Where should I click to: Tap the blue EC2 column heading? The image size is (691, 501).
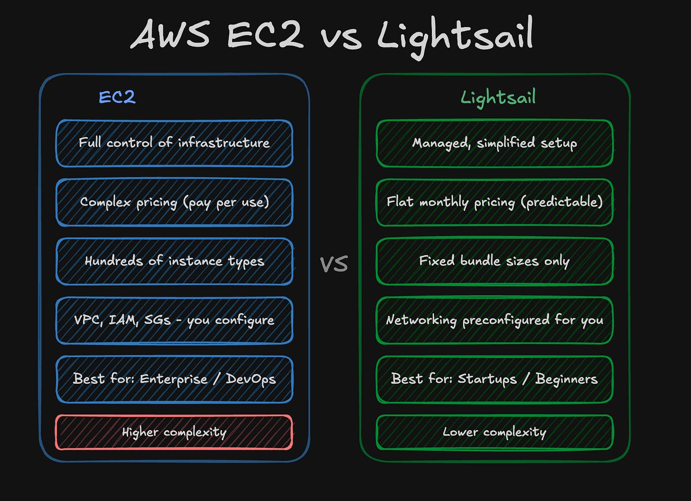pos(117,97)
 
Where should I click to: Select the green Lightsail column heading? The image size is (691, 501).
pos(498,97)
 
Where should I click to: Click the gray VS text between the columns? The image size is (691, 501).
pos(334,264)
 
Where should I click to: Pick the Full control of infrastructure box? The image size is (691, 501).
pos(174,143)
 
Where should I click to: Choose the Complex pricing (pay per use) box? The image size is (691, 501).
pos(174,202)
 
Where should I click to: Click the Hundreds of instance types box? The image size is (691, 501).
pos(174,261)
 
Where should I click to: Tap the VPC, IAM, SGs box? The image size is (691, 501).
pos(174,320)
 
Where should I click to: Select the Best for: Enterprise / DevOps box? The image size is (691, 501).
pos(174,379)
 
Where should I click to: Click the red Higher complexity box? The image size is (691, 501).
pos(174,432)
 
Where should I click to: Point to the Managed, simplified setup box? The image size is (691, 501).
pos(495,143)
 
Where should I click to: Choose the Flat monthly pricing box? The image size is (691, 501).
pos(495,202)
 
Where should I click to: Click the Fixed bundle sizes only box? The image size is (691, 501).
pos(495,261)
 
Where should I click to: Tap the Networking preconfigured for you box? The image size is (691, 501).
pos(495,320)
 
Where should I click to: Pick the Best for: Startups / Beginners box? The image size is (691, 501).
pos(495,379)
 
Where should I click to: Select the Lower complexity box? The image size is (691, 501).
pos(495,432)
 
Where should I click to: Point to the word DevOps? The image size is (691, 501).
pos(251,379)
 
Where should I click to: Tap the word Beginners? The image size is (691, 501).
pos(566,379)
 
